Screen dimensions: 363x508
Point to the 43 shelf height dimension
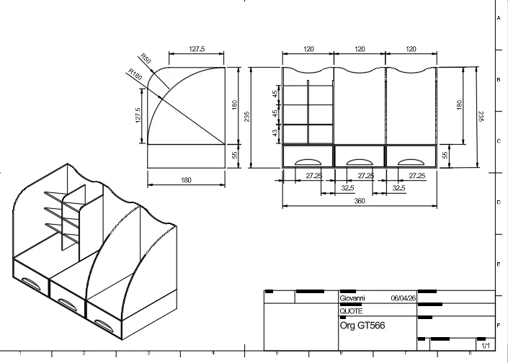point(275,133)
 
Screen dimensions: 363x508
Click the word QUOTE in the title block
point(350,310)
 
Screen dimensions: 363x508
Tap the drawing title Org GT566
point(362,326)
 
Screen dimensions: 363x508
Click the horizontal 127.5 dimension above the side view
point(197,49)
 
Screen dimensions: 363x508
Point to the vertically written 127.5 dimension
point(138,116)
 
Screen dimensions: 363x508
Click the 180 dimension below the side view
point(186,179)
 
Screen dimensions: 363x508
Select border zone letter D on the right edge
point(499,204)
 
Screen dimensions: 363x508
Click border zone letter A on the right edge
point(499,18)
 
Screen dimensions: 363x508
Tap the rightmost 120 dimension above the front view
point(411,49)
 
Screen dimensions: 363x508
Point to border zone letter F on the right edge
point(499,326)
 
